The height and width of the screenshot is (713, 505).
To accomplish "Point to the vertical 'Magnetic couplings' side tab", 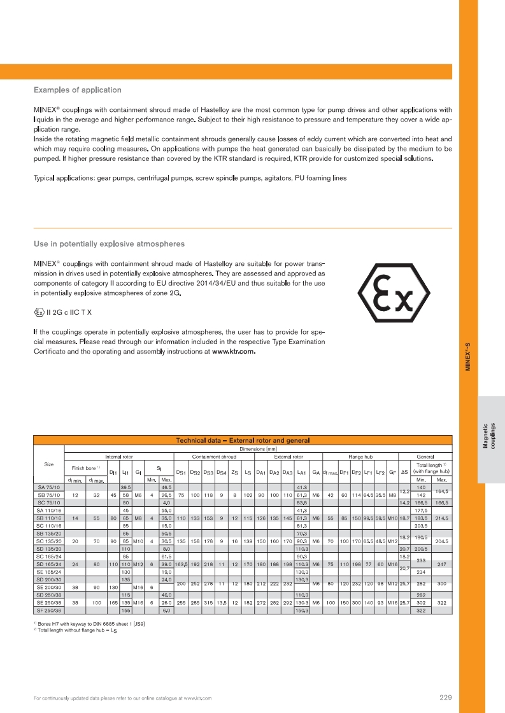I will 490,436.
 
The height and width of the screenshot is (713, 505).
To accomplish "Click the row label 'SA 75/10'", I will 48,487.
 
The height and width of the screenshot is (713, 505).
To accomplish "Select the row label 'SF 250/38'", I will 48,611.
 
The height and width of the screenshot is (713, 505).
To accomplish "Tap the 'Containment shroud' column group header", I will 213,456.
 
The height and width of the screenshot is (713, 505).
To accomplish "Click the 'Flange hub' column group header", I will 360,456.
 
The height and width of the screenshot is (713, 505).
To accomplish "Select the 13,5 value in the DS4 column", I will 220,603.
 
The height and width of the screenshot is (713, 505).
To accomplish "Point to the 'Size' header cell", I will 48,464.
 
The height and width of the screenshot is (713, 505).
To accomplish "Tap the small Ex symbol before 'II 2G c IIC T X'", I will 39,312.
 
